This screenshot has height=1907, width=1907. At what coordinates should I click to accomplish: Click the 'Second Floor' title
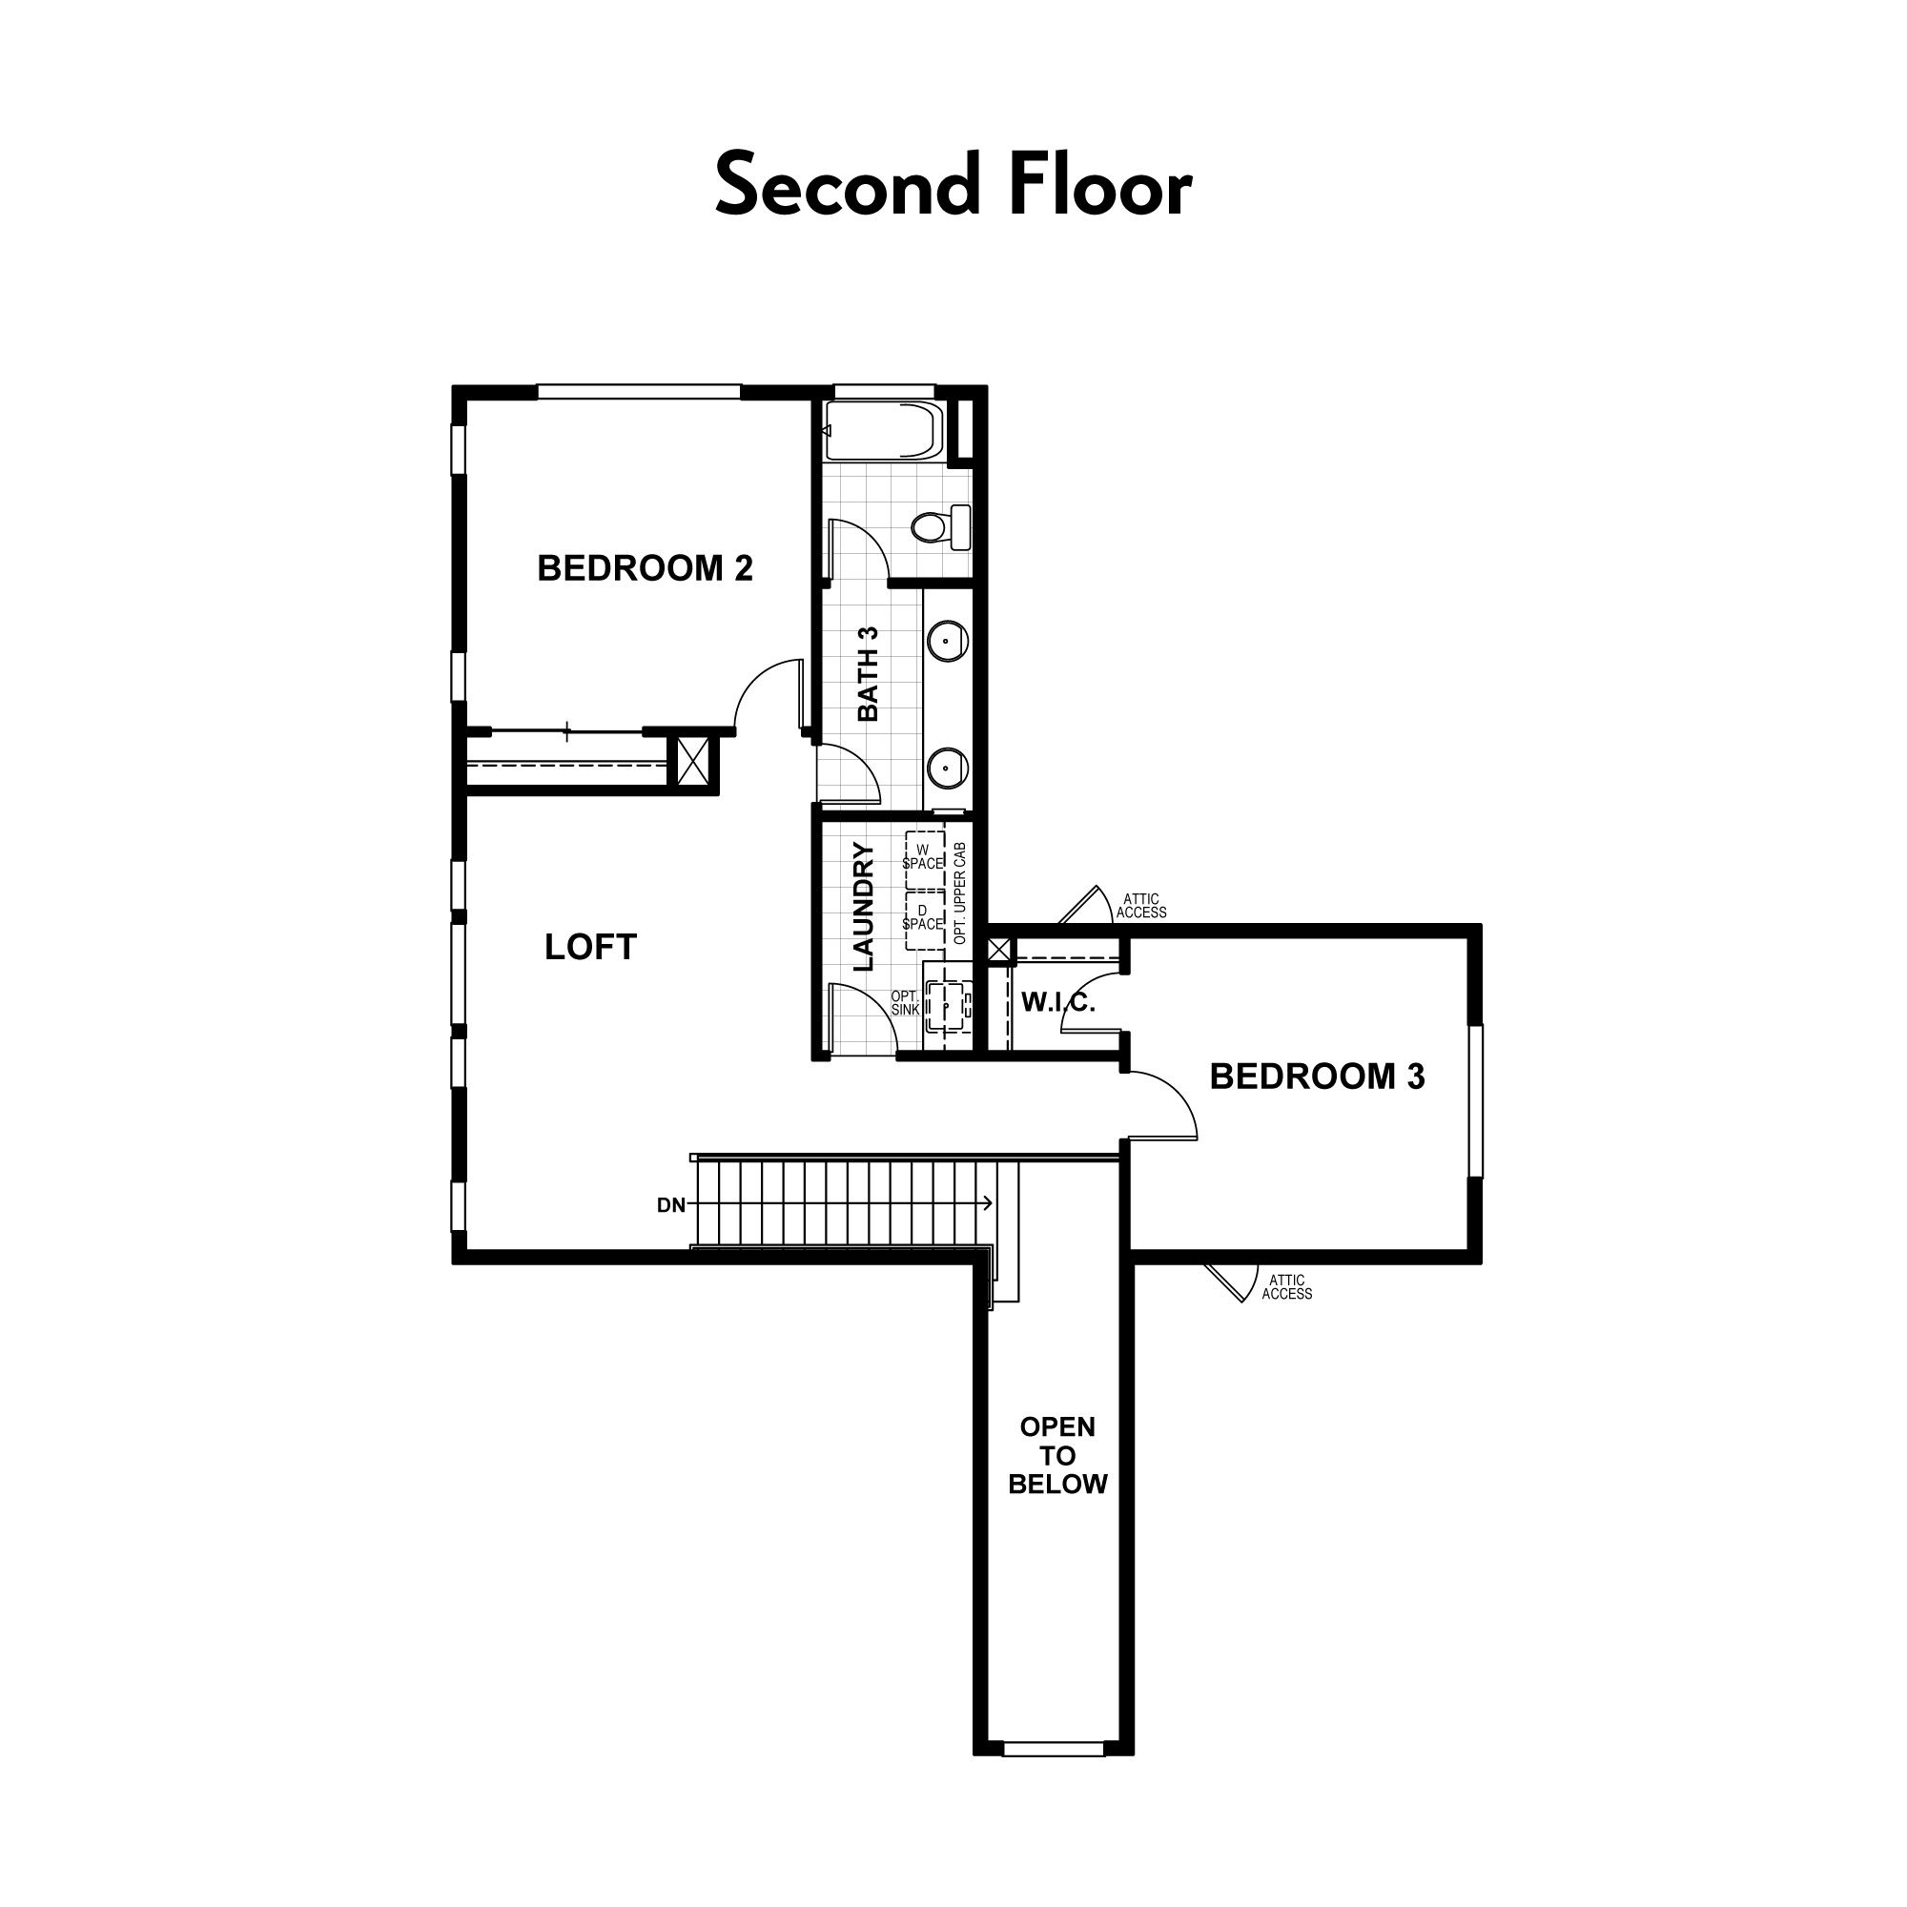click(953, 185)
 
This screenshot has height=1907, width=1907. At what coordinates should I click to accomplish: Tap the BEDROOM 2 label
click(645, 568)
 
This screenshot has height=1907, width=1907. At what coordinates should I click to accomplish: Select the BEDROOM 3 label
click(1317, 1077)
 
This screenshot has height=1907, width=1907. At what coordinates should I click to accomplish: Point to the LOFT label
click(590, 948)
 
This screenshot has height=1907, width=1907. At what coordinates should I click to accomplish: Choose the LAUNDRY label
click(863, 906)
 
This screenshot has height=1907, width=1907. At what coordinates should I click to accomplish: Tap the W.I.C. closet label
click(1058, 1004)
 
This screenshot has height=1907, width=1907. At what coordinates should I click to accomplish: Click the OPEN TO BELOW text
click(1057, 1456)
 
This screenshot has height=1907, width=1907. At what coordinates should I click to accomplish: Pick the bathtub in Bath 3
click(885, 430)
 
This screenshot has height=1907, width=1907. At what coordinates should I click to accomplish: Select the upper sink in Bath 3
click(948, 641)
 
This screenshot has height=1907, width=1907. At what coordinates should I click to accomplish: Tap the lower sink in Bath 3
click(948, 766)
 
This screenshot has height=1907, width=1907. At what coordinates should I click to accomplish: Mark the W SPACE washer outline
click(924, 857)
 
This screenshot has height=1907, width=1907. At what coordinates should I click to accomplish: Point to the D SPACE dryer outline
click(924, 918)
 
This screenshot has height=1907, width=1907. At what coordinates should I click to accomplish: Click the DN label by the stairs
click(671, 1205)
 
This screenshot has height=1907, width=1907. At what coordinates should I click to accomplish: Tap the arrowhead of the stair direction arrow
click(988, 1204)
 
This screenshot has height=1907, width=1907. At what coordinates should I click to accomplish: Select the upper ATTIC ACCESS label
click(1141, 906)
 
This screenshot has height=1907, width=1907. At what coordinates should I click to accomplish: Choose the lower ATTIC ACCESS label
click(1287, 1287)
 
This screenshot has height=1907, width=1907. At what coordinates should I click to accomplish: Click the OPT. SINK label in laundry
click(905, 1003)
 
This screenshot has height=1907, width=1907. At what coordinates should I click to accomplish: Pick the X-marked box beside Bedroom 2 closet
click(693, 762)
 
